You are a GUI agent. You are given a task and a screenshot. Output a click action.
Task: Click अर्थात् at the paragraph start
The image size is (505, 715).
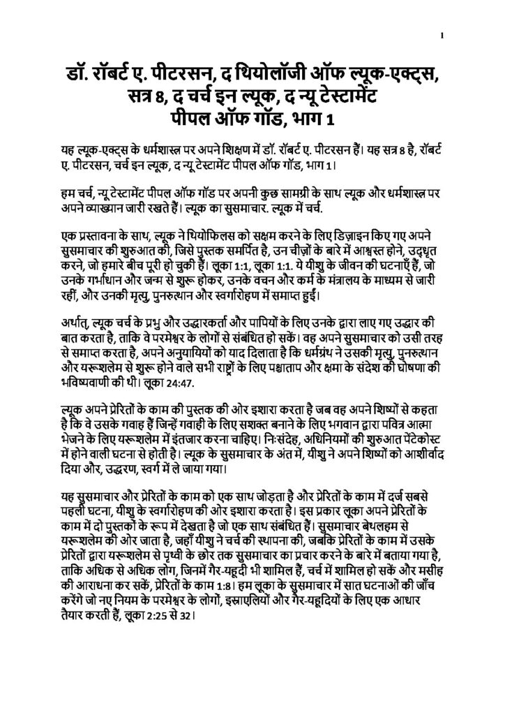(x=73, y=325)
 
